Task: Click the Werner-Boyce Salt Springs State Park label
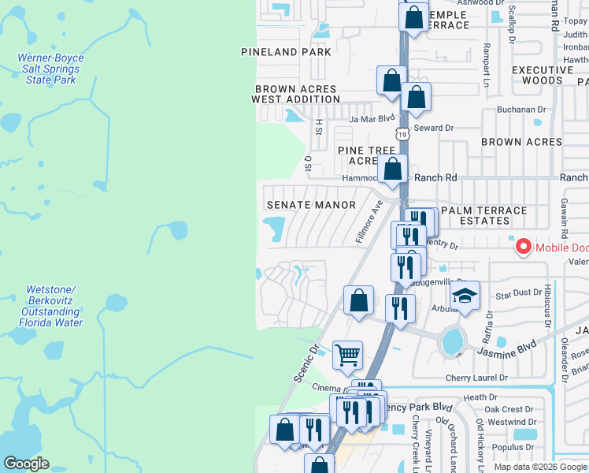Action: coord(50,69)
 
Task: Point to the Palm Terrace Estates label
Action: coord(483,216)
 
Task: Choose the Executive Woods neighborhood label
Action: coord(543,75)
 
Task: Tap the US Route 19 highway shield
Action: coord(403,135)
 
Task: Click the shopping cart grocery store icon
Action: coord(347,355)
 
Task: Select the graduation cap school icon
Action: coord(465,296)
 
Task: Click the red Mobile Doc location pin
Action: coord(523,248)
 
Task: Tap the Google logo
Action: coord(26,464)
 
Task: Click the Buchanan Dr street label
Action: coord(520,110)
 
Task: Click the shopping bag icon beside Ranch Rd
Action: coord(391,169)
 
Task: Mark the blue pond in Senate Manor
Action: coord(276,230)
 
